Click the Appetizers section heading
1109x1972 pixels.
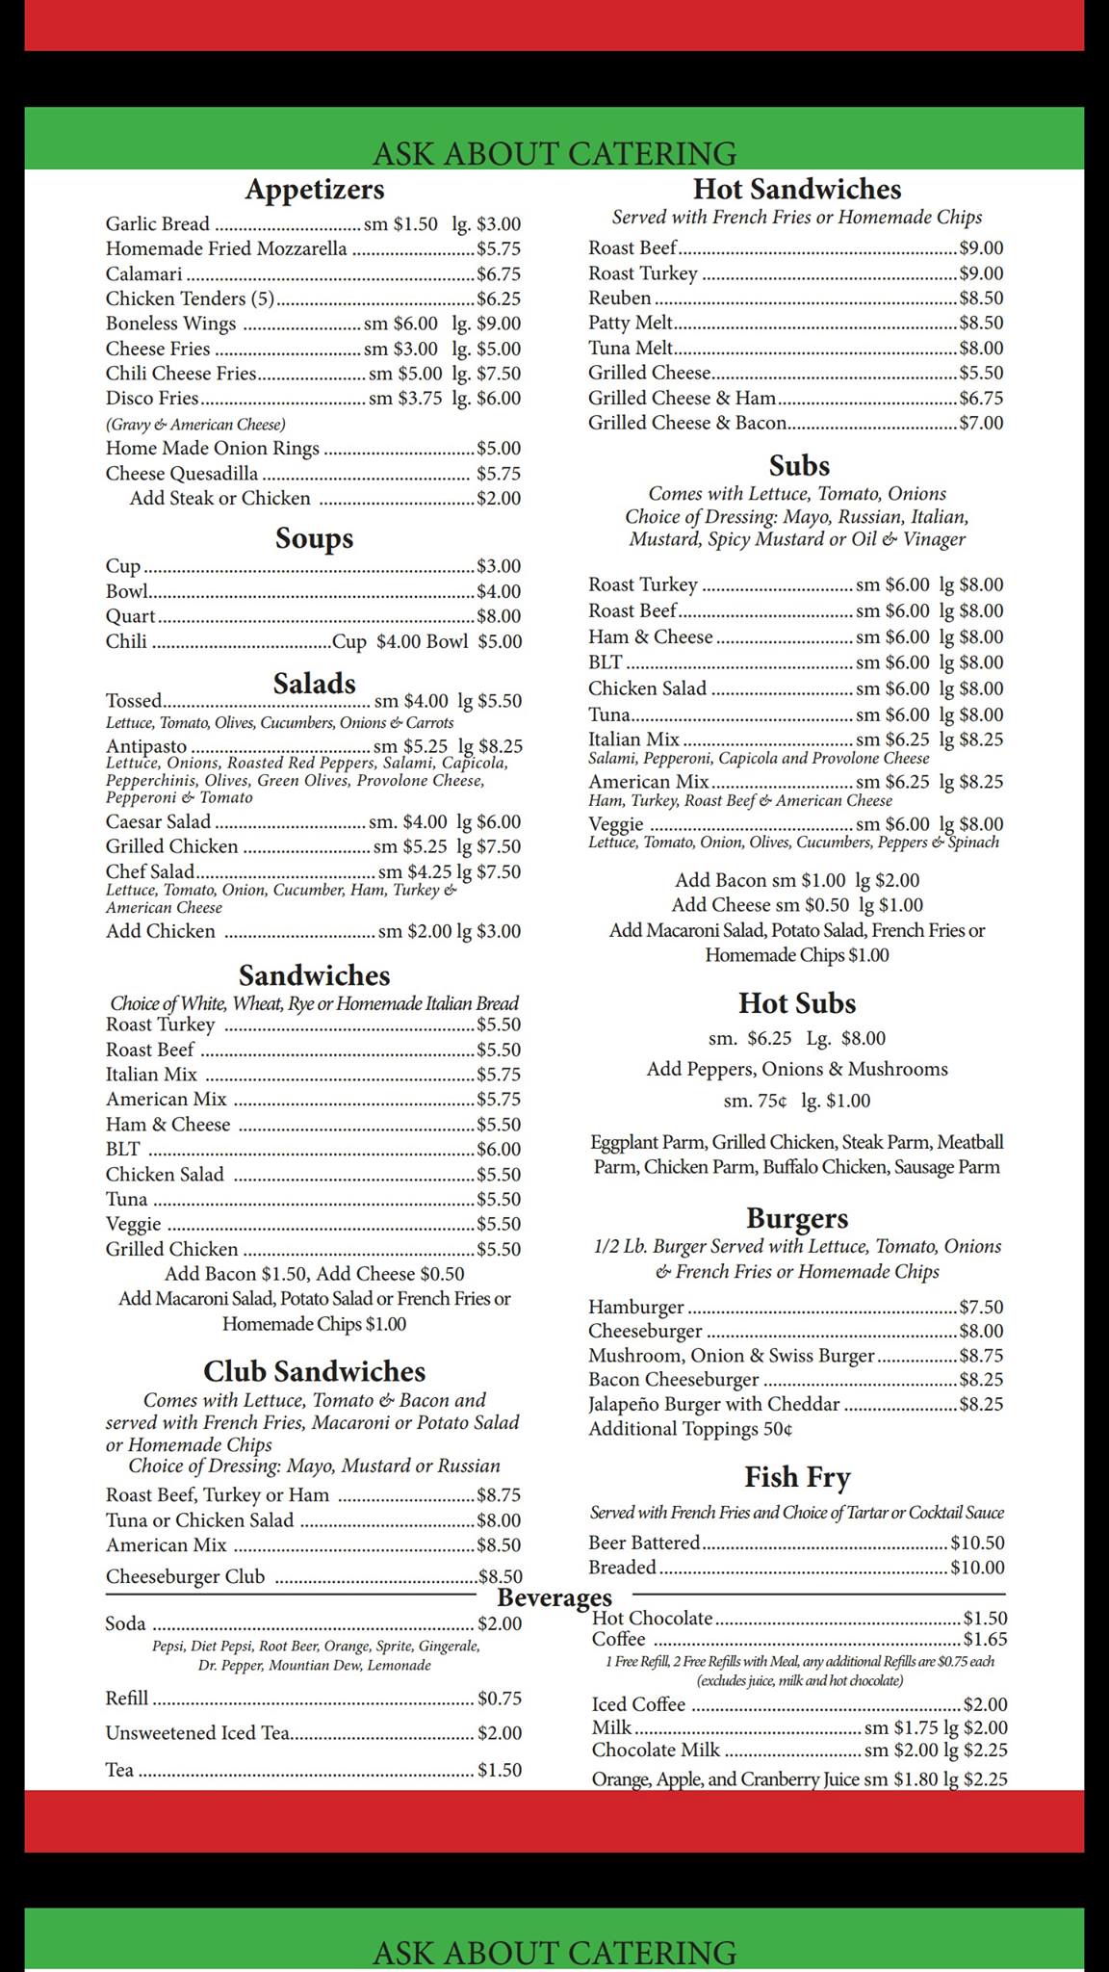tap(314, 189)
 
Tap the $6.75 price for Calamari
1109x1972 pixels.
tap(499, 274)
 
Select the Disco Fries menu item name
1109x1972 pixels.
tap(152, 399)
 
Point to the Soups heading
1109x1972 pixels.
tap(314, 537)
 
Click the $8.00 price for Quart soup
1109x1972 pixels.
tap(499, 616)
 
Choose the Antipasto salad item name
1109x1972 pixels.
tap(146, 746)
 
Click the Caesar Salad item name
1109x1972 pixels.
tap(158, 821)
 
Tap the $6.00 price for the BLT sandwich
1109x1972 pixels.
tap(499, 1150)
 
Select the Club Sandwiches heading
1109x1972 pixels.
tap(314, 1371)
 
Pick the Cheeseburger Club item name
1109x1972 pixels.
tap(185, 1576)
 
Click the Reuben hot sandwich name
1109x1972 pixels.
tap(620, 298)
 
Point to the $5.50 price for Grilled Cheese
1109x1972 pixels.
tap(981, 373)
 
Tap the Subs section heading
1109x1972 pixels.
tap(799, 466)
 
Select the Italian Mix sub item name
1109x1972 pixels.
tap(634, 739)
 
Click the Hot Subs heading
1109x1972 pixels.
tap(797, 1003)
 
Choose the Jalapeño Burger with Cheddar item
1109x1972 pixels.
tap(714, 1404)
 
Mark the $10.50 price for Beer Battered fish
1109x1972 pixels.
tap(977, 1543)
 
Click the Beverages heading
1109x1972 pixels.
tap(554, 1598)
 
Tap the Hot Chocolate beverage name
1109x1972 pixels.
tap(653, 1619)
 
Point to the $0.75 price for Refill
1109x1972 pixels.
tap(500, 1699)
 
